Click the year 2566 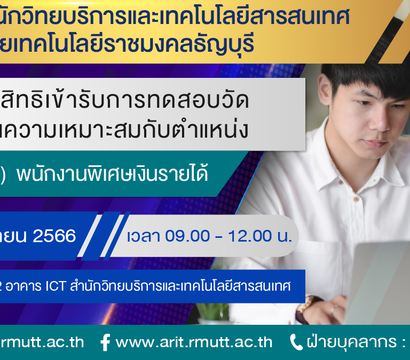[54, 236]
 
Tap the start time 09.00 [187, 236]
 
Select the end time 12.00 [250, 236]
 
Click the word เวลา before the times [143, 236]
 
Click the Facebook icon [105, 342]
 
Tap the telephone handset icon [296, 342]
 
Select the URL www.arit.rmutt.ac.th [194, 342]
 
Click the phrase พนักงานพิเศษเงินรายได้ [112, 174]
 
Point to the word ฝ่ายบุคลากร [352, 342]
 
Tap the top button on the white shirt [356, 199]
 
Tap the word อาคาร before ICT [23, 286]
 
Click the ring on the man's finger [333, 310]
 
